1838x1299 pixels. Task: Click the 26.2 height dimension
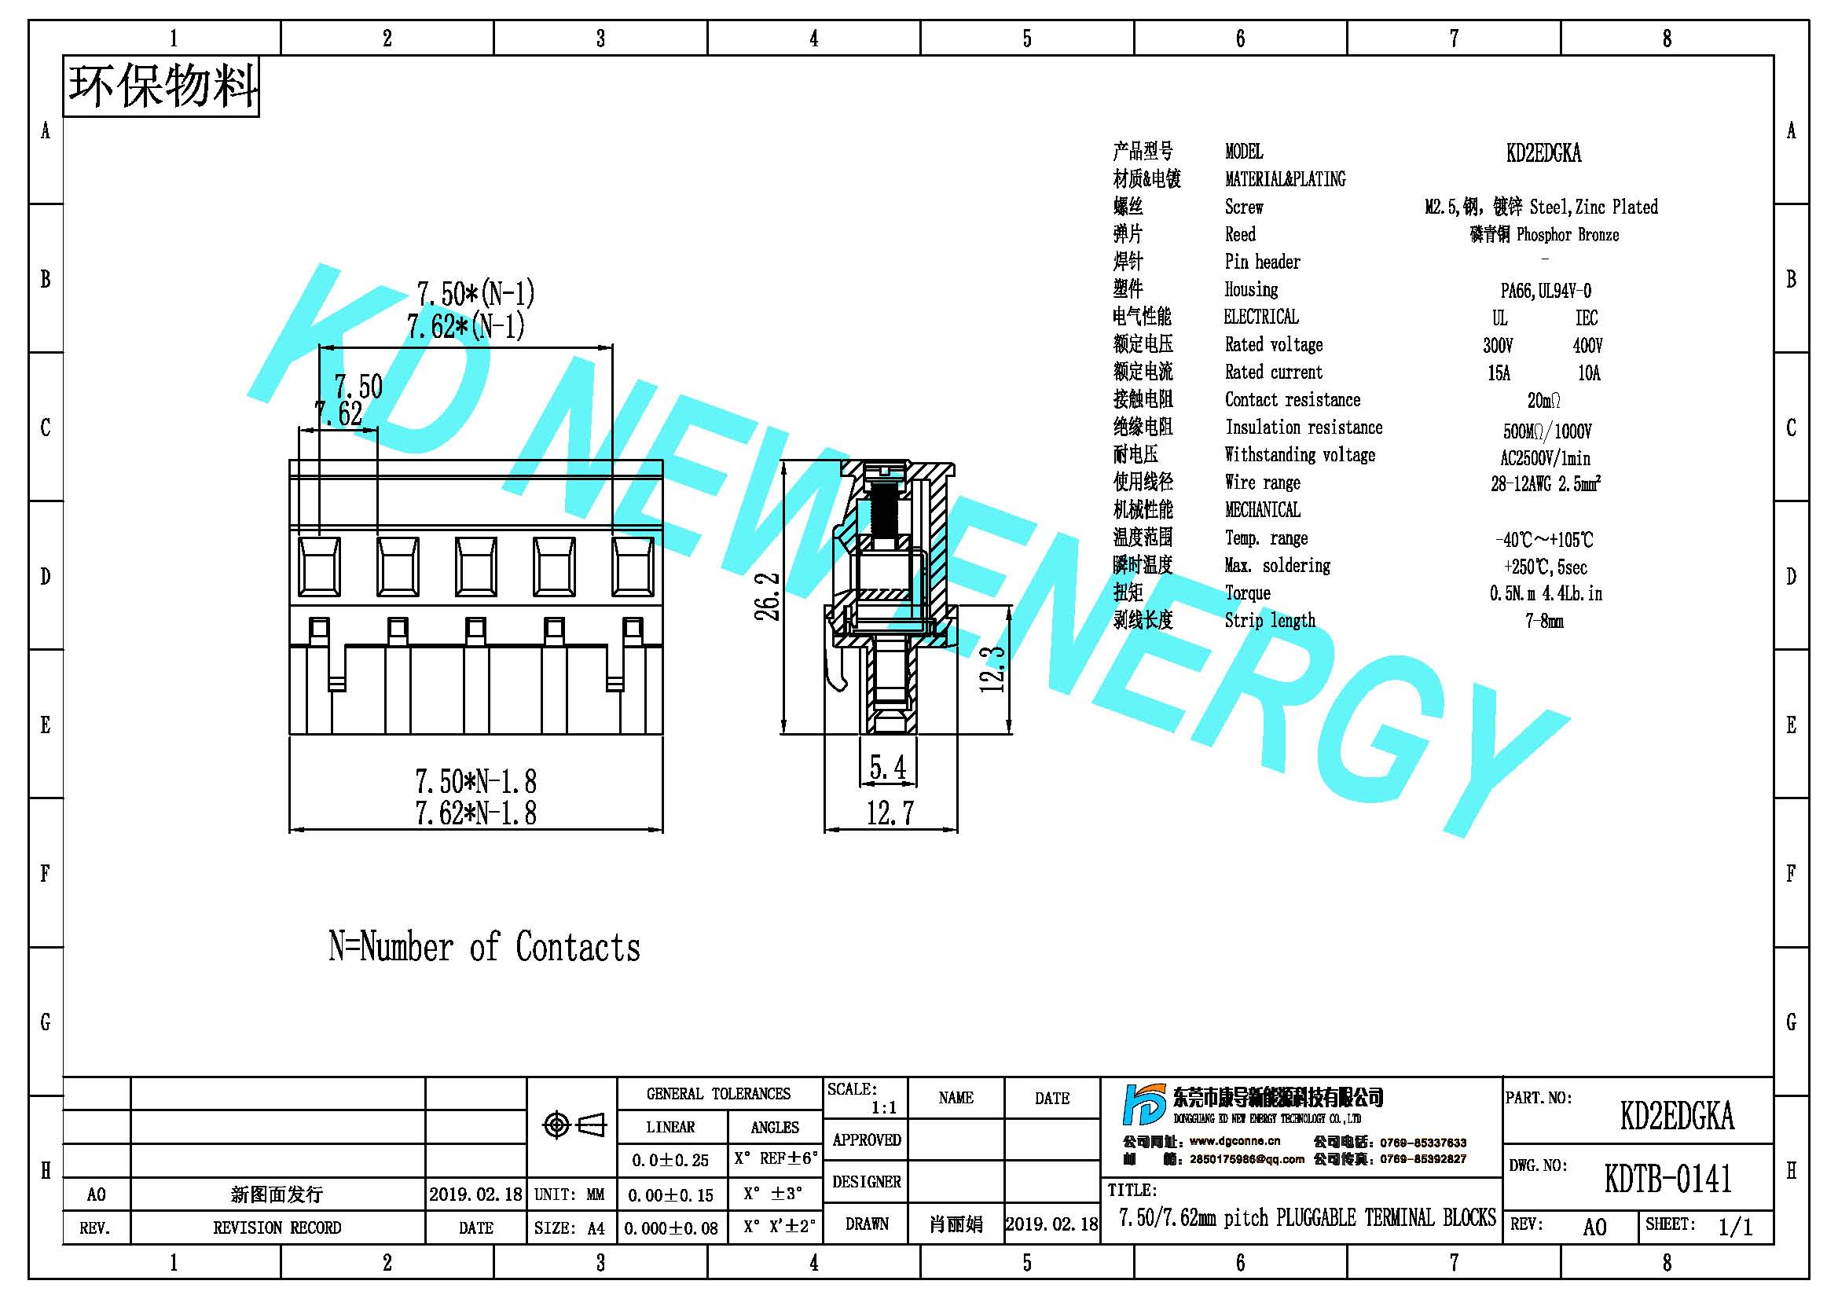point(768,596)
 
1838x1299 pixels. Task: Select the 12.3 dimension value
point(992,668)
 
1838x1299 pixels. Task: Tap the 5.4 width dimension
point(888,768)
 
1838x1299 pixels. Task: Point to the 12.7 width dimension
point(890,813)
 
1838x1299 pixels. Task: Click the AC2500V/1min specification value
point(1545,459)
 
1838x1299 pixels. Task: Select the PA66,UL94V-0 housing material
point(1545,291)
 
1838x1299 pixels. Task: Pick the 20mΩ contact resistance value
point(1543,400)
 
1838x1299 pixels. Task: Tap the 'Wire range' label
point(1263,483)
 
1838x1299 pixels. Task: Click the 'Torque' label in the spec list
point(1247,593)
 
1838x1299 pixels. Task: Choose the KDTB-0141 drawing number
point(1667,1178)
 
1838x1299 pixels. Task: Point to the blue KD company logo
point(1144,1106)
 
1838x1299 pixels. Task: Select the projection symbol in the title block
point(574,1125)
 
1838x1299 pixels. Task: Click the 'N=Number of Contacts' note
point(484,946)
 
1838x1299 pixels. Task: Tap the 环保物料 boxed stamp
point(161,86)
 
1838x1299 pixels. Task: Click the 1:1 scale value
point(884,1108)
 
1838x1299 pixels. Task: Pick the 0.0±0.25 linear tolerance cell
point(670,1160)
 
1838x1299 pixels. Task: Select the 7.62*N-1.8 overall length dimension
point(475,813)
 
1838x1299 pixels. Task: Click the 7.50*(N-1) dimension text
point(475,294)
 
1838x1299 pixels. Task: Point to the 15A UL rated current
point(1499,373)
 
